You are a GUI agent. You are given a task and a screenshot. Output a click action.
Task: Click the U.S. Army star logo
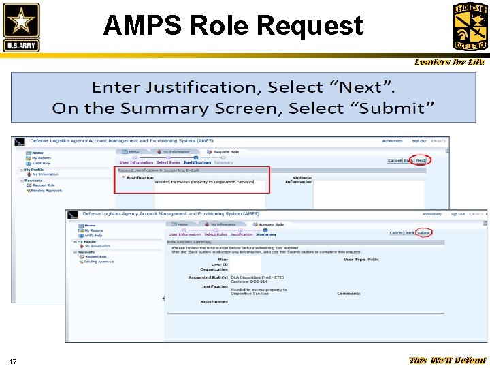[21, 27]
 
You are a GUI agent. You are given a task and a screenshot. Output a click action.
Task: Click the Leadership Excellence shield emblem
[470, 26]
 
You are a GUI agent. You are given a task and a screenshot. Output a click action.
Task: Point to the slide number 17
[13, 361]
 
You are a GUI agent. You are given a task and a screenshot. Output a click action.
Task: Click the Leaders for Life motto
[450, 62]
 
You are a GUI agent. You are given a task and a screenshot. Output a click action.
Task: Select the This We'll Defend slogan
[447, 361]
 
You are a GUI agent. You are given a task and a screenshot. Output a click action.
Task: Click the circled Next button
[421, 161]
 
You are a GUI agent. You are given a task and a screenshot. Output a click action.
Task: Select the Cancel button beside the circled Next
[395, 161]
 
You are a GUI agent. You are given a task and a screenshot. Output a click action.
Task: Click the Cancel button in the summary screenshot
[396, 233]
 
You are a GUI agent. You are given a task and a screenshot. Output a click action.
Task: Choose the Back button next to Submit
[410, 233]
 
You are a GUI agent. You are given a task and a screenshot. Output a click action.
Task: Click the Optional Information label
[298, 180]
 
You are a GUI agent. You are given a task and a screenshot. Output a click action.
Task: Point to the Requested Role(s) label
[208, 277]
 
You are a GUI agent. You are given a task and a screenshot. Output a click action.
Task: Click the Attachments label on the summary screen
[214, 302]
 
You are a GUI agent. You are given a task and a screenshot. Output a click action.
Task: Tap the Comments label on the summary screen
[348, 294]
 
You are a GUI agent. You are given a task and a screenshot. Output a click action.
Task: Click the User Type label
[354, 260]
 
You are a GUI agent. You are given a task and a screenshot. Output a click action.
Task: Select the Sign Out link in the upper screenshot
[419, 141]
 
